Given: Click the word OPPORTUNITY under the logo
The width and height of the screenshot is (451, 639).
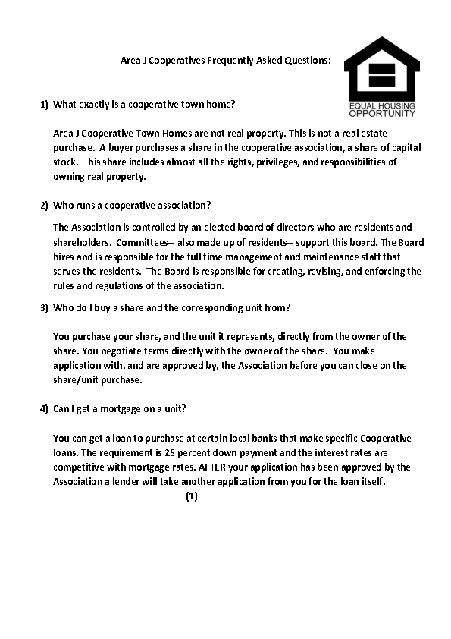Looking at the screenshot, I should coord(382,113).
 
